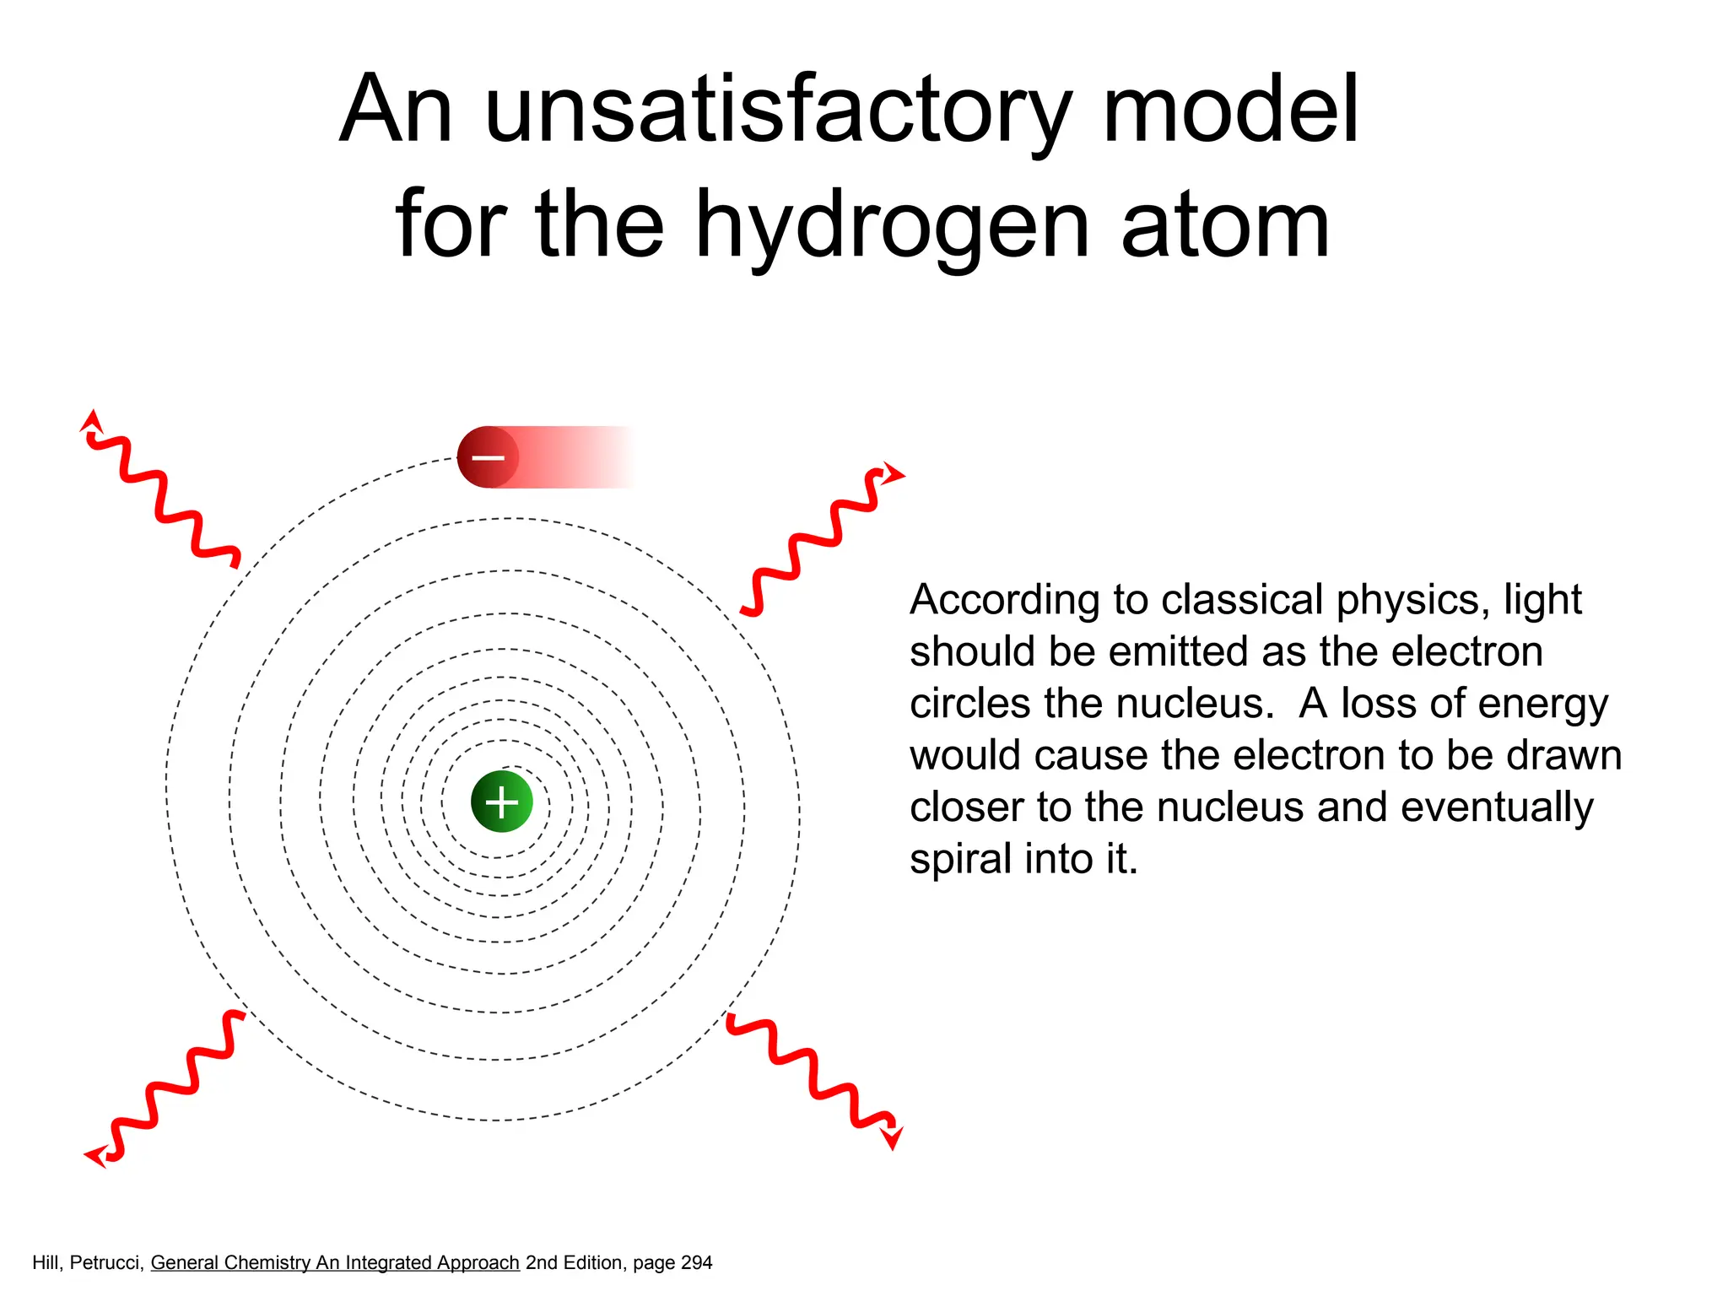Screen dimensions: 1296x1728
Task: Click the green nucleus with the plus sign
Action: point(502,802)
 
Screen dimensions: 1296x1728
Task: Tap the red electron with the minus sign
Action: point(488,457)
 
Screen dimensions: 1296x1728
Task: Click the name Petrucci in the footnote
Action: point(107,1263)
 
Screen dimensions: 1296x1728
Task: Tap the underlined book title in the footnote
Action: point(335,1263)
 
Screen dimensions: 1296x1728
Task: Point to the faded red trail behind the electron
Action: point(574,457)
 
